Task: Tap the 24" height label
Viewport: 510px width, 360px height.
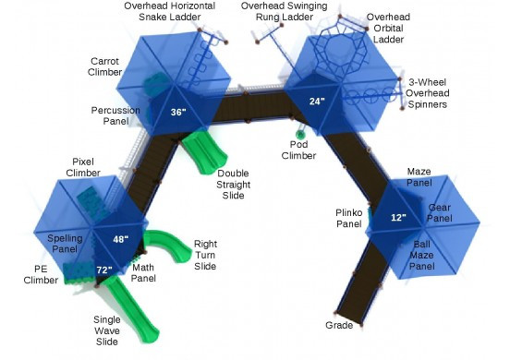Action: (x=317, y=101)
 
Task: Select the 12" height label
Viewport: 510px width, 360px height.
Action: (x=398, y=218)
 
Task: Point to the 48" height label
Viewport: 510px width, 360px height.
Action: (x=120, y=238)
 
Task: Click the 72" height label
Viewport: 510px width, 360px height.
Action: (x=104, y=270)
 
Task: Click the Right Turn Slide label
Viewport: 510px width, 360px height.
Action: (x=204, y=256)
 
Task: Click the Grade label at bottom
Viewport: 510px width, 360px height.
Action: (x=338, y=325)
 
